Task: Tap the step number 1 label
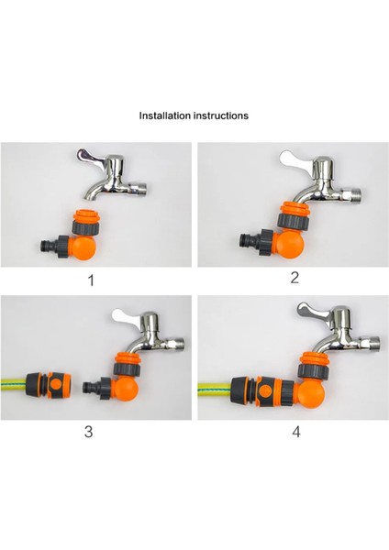click(91, 280)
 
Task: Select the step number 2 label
click(295, 278)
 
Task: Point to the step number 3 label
click(88, 431)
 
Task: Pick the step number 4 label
click(296, 432)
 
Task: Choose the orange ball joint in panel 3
click(126, 390)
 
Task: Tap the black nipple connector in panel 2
click(250, 240)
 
